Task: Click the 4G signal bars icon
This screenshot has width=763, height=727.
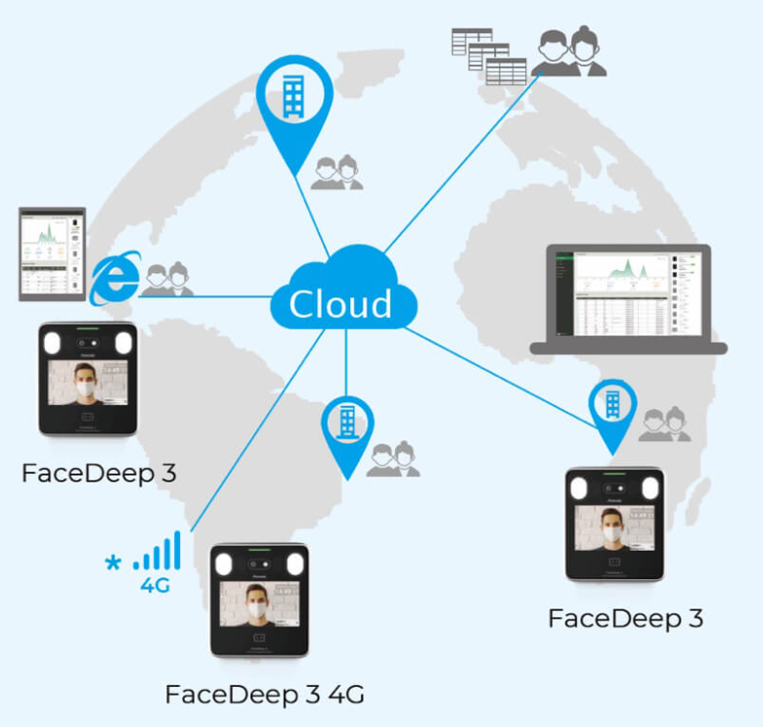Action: point(157,552)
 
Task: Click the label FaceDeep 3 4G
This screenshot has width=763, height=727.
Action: point(264,695)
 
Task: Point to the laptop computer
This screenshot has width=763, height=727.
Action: point(627,298)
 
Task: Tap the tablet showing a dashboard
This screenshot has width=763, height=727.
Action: point(53,252)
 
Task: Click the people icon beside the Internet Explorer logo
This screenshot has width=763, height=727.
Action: point(165,279)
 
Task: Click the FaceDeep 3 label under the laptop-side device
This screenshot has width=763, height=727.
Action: point(625,618)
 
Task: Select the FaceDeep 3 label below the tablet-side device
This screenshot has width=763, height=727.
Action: point(99,475)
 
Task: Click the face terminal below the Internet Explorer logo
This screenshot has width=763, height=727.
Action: point(87,378)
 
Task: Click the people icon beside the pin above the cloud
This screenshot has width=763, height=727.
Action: point(337,173)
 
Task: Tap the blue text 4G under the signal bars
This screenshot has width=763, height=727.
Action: point(156,587)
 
